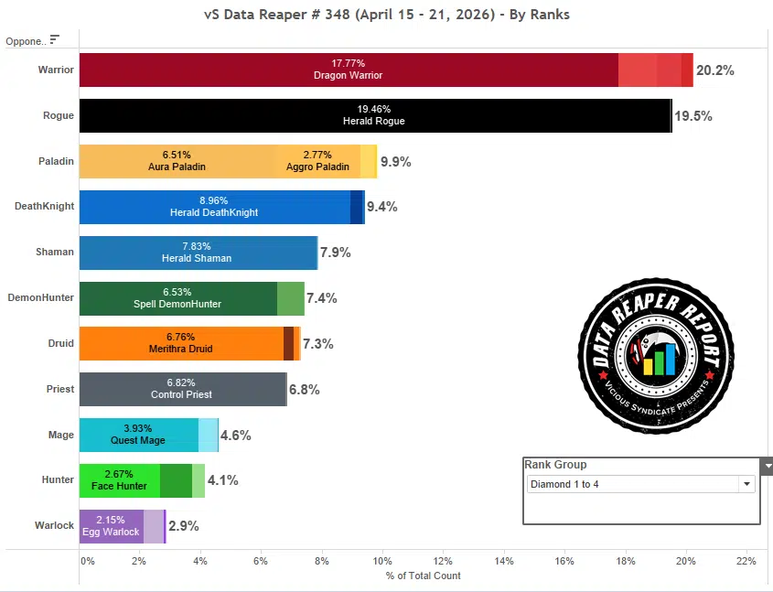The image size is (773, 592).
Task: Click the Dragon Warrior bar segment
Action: click(x=349, y=70)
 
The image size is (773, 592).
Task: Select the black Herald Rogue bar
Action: click(x=375, y=115)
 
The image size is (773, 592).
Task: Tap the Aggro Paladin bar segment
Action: click(x=317, y=161)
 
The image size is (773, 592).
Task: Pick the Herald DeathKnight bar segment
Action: click(x=214, y=207)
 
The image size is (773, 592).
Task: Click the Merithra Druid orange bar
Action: click(x=181, y=343)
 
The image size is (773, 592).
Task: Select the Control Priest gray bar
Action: click(x=182, y=389)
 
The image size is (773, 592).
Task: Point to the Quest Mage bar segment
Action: click(x=139, y=435)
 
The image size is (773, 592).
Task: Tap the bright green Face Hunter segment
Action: click(x=120, y=480)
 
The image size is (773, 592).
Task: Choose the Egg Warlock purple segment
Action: click(x=112, y=526)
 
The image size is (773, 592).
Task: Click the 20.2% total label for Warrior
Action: click(x=715, y=70)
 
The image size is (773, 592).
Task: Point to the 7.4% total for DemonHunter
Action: click(x=322, y=298)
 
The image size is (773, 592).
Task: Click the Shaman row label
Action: click(x=56, y=253)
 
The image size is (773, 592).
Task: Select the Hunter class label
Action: click(x=58, y=480)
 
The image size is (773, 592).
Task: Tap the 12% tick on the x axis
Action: click(x=443, y=561)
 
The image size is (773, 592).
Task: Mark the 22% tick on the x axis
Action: click(x=746, y=561)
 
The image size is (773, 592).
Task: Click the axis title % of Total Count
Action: click(x=424, y=576)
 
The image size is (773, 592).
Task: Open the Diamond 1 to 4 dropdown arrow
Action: click(x=746, y=484)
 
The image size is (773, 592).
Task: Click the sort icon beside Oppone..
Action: click(x=55, y=39)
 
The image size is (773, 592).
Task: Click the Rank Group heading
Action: click(x=555, y=465)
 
